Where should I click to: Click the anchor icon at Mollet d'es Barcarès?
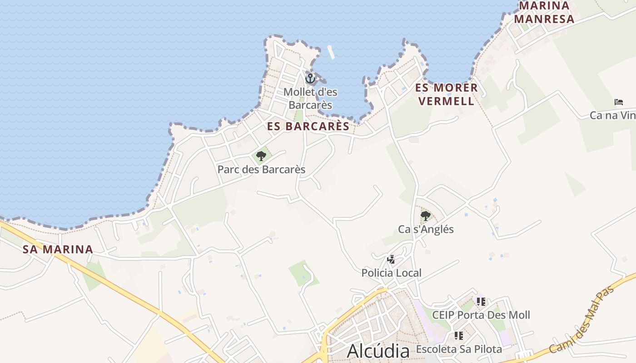click(310, 78)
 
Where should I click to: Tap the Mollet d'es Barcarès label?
click(310, 98)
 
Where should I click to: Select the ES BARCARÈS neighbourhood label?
click(308, 127)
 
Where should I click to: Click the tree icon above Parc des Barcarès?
click(261, 157)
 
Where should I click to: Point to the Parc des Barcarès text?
click(261, 170)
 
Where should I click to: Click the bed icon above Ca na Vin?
click(619, 102)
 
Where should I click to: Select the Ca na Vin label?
click(612, 115)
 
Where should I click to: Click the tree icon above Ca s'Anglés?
click(426, 216)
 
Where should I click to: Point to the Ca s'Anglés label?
click(426, 229)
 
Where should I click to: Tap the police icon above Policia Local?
click(391, 260)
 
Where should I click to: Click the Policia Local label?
click(391, 273)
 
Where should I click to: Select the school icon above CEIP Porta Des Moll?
click(481, 302)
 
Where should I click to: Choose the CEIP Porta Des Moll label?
click(481, 315)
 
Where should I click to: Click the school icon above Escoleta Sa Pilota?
click(459, 336)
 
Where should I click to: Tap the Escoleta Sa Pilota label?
click(459, 349)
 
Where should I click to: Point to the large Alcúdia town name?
click(378, 351)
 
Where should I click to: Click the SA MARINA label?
click(58, 249)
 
